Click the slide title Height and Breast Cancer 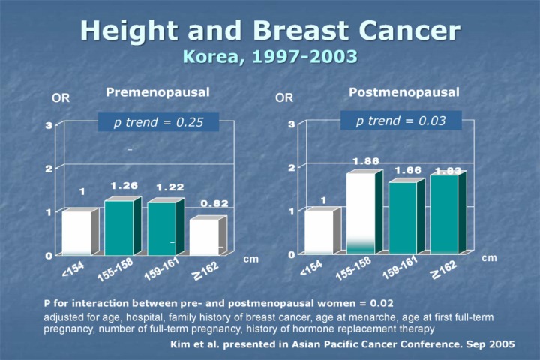click(270, 31)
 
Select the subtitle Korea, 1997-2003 click(270, 56)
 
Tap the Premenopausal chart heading click(157, 92)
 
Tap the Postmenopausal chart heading click(403, 92)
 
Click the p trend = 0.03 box click(400, 121)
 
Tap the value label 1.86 click(365, 161)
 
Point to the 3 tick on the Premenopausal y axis click(48, 126)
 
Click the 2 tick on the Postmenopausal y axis click(291, 166)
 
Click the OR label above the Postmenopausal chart click(284, 97)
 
